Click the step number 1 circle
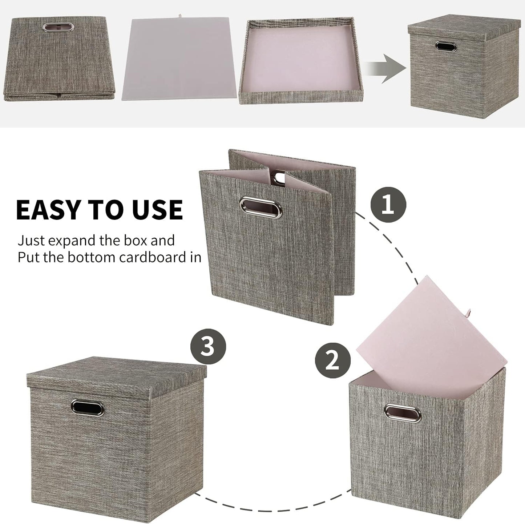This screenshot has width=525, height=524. click(388, 205)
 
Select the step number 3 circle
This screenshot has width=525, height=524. click(208, 346)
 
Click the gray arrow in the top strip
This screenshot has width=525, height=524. click(385, 68)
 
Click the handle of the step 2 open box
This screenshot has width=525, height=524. click(403, 413)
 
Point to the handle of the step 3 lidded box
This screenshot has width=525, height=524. click(88, 408)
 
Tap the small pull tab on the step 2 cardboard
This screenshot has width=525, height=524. click(472, 312)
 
